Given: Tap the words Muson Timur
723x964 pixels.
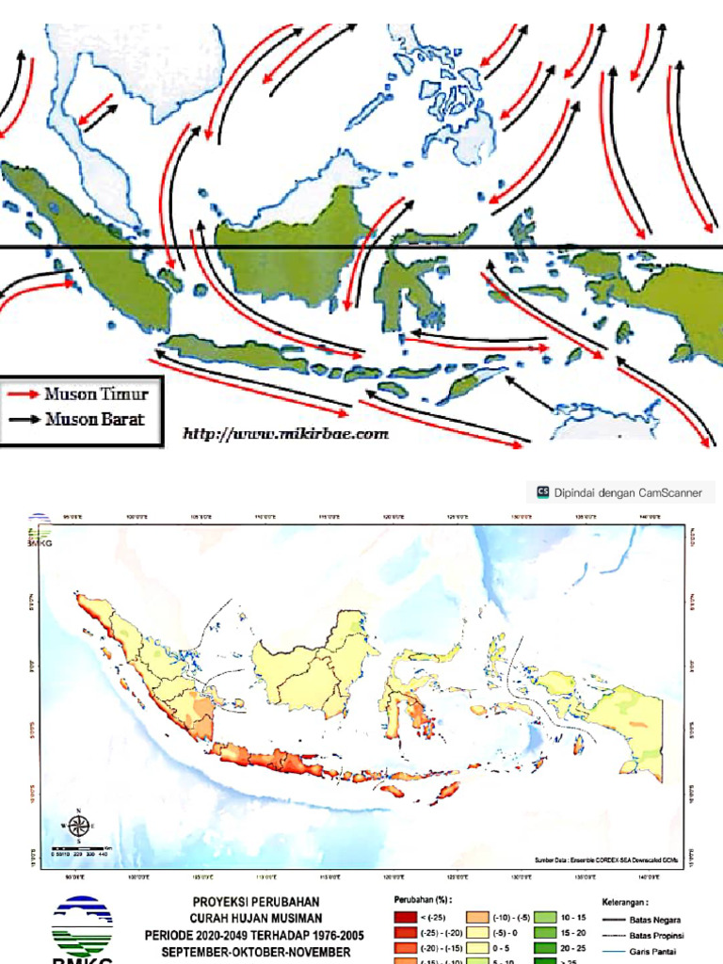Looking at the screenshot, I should pos(95,394).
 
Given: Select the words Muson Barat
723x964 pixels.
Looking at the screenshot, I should pos(95,420).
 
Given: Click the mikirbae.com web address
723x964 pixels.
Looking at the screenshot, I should pos(284,434).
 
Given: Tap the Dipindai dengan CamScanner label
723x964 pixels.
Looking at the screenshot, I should pos(628,492).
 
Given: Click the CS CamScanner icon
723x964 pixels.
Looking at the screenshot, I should pos(542,492).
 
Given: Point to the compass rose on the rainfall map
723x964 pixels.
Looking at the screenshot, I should pos(80,827).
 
